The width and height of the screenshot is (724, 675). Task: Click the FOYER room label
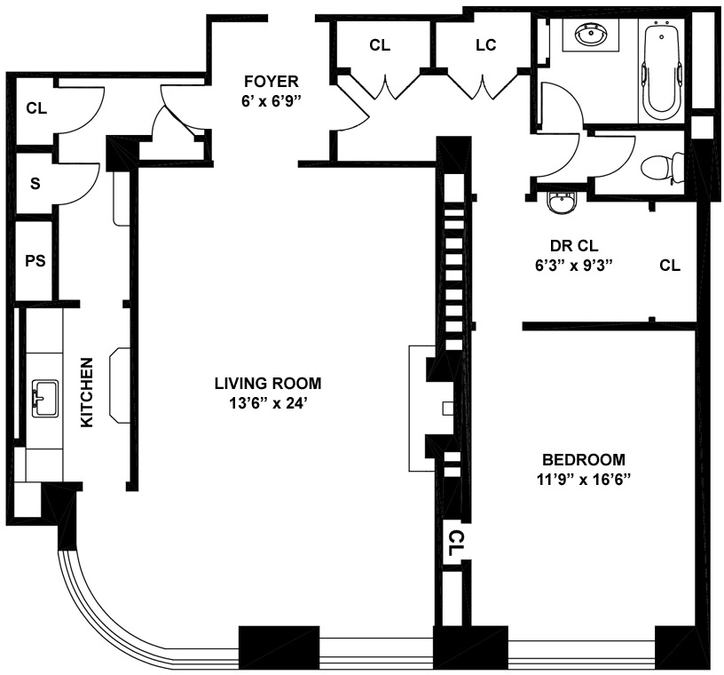271,82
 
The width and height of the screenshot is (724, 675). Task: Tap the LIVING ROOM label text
268,384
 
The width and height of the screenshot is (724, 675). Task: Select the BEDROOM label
584,459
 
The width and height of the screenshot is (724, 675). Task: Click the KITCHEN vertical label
87,393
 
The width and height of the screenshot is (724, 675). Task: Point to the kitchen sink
44,398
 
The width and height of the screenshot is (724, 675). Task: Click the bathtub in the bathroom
662,70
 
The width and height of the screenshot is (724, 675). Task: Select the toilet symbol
662,167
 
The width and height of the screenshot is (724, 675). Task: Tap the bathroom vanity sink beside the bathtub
591,36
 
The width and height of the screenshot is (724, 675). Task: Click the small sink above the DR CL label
561,203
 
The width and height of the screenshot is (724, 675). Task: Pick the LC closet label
485,44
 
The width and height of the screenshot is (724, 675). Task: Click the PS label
35,261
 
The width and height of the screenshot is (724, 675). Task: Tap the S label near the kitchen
35,184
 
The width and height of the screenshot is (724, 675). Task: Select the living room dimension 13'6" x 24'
268,403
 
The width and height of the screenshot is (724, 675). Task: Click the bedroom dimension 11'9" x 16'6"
584,480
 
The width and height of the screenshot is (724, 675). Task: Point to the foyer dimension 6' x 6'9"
271,101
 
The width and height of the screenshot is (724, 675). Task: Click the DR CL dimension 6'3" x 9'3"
574,266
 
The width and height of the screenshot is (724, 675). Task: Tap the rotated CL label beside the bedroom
455,544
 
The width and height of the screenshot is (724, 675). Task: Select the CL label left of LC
380,44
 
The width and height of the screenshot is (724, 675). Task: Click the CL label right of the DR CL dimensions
670,266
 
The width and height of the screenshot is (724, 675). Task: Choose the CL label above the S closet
36,108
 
